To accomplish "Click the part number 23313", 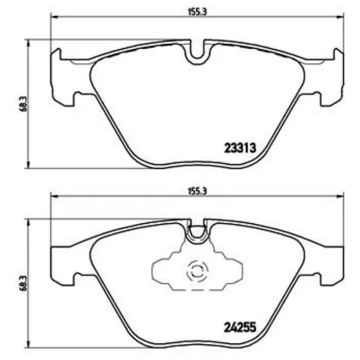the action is pos(239,148).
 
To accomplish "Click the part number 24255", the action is pos(239,327).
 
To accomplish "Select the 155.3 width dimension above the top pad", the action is pos(197,12).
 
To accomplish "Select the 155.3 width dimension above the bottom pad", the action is pos(197,191).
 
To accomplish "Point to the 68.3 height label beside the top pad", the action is pos(23,104).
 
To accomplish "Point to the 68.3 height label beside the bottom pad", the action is pos(23,283).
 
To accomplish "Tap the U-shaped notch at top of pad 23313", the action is pos(197,52).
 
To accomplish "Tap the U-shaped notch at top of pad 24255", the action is pos(197,232).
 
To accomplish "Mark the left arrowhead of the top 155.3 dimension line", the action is pos(53,17).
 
